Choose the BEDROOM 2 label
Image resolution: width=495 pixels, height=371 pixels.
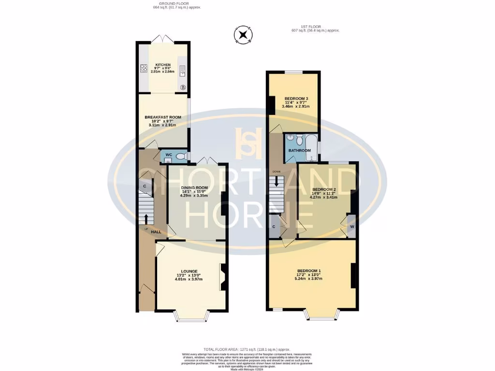click(x=324, y=189)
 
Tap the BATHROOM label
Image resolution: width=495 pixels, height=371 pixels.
click(x=299, y=151)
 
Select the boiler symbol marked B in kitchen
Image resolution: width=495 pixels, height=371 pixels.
click(x=183, y=87)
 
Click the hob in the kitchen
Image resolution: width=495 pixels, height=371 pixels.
click(x=144, y=69)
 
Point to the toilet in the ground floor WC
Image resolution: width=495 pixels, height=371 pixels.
click(x=180, y=156)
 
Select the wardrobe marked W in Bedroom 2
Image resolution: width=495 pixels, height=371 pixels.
click(x=352, y=227)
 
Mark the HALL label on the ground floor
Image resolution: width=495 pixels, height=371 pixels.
click(x=156, y=232)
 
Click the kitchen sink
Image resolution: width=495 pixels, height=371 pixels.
click(x=183, y=73)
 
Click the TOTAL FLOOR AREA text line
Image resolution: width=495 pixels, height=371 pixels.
click(x=247, y=349)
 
